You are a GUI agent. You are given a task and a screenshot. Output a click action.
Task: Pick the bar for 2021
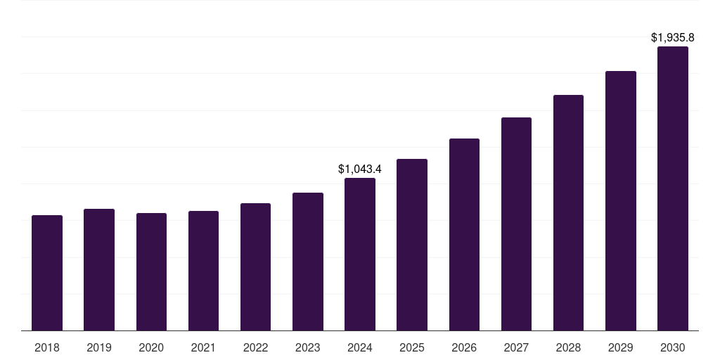[203, 271]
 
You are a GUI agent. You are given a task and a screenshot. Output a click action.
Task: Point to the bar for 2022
[255, 266]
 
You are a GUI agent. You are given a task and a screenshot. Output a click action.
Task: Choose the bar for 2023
[308, 262]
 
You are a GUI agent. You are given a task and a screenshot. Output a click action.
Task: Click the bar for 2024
[360, 254]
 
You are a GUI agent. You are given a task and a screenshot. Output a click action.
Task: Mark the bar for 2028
[568, 212]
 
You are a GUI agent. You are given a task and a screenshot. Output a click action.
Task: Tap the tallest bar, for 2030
[673, 188]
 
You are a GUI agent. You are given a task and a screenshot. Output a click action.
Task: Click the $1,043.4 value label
[360, 169]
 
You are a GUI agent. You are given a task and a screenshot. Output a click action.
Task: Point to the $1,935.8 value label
[673, 37]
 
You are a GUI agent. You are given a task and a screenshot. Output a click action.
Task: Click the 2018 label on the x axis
[47, 347]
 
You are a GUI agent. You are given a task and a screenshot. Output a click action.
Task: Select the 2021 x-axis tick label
[203, 347]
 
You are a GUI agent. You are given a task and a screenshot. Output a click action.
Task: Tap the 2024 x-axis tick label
[360, 347]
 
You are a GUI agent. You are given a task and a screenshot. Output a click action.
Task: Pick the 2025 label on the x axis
[412, 347]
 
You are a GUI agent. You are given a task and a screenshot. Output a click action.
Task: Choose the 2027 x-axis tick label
[516, 347]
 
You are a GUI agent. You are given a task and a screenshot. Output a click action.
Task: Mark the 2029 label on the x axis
[621, 347]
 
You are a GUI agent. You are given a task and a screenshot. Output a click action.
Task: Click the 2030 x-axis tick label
[673, 347]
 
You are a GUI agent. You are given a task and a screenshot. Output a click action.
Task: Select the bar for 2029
[621, 200]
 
